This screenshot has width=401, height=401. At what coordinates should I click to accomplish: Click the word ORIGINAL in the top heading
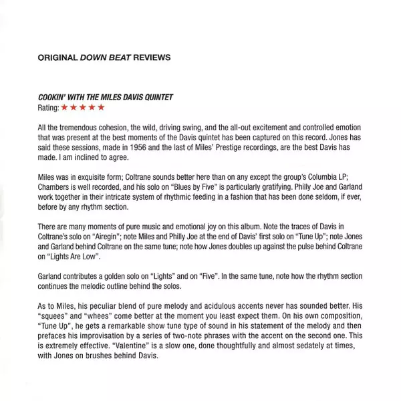57,57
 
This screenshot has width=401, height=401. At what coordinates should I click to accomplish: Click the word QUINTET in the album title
154,97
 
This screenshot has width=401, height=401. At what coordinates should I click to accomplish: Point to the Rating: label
48,107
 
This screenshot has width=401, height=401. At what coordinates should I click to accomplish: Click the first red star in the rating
64,107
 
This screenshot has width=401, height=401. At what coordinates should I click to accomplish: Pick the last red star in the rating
101,107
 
